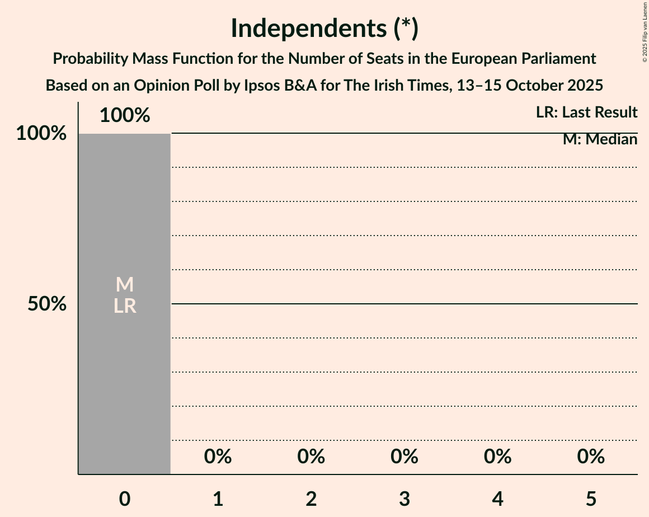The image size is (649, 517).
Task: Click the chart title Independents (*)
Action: [324, 28]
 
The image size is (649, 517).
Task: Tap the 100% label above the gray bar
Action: [124, 116]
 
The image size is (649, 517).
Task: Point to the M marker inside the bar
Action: [124, 285]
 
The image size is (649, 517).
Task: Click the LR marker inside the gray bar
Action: [124, 306]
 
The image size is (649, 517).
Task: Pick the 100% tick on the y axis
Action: [41, 134]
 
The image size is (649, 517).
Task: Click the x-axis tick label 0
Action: [124, 499]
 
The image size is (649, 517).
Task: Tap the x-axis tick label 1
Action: [218, 499]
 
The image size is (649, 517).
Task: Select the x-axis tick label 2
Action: [311, 499]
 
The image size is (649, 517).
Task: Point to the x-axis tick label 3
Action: [405, 499]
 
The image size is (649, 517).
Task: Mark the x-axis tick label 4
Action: [497, 499]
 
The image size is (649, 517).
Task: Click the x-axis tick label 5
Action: [591, 499]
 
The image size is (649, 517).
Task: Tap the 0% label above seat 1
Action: [218, 457]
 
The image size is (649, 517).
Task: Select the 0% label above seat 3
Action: [405, 457]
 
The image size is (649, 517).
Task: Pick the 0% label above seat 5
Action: [591, 457]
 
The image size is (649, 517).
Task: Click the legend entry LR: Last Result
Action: [586, 112]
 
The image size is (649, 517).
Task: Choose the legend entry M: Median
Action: [600, 139]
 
